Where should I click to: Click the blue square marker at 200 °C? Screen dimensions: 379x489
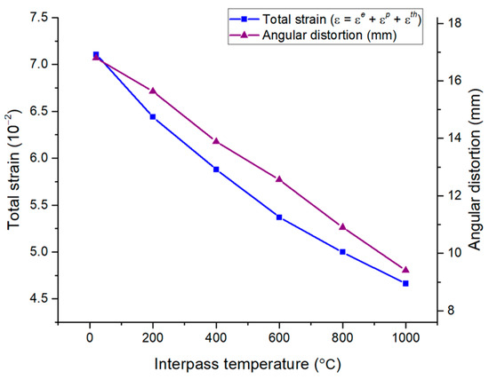[153, 117]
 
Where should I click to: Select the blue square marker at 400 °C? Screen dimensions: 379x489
[216, 170]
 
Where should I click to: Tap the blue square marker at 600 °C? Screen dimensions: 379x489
[279, 217]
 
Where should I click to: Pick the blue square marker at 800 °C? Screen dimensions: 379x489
[342, 252]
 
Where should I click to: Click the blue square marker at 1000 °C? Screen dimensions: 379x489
[405, 283]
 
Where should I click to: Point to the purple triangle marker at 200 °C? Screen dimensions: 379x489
[153, 91]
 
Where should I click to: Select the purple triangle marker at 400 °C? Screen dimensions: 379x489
[216, 141]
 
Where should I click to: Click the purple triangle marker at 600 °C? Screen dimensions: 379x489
[279, 179]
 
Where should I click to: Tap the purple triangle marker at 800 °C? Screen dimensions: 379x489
[342, 226]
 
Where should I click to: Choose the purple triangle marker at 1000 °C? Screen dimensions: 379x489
[405, 270]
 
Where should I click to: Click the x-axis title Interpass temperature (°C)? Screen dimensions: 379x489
[248, 364]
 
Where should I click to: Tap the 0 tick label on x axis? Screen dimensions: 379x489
[90, 338]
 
